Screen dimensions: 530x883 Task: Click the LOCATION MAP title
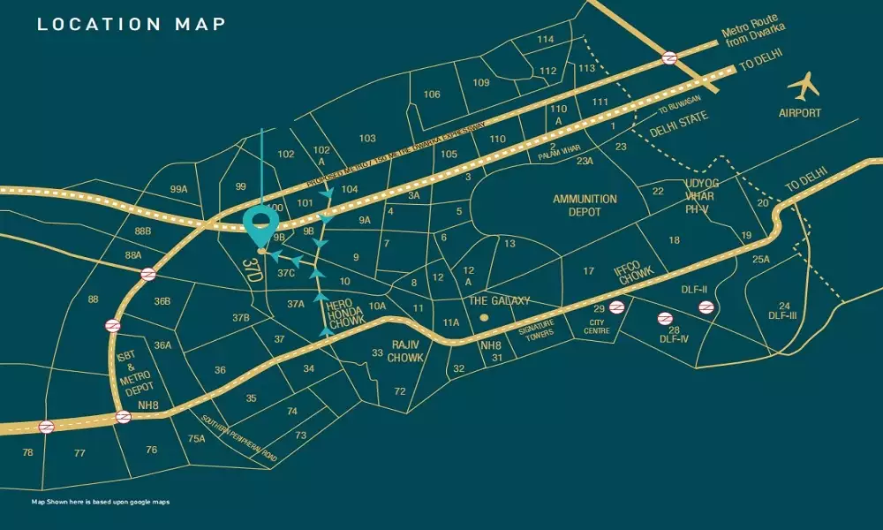(131, 24)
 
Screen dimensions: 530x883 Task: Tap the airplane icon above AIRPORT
(804, 87)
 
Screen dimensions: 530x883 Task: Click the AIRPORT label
(800, 113)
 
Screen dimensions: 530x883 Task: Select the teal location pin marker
(260, 228)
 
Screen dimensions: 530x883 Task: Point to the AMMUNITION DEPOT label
(585, 206)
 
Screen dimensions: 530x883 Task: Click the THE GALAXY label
(499, 300)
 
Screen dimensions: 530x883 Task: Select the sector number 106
(432, 95)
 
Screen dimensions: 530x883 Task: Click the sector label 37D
(254, 270)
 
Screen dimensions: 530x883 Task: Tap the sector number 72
(400, 391)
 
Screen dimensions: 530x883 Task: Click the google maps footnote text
(100, 502)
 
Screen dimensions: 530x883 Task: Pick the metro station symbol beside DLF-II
(706, 307)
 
